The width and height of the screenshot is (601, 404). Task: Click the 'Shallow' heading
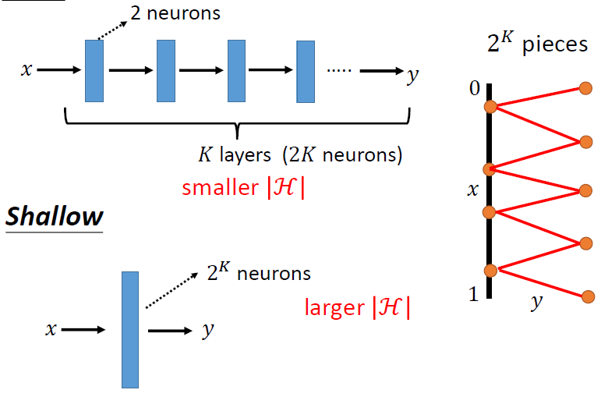55,216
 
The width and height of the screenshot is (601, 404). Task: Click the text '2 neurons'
175,13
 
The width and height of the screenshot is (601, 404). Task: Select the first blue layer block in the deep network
94,71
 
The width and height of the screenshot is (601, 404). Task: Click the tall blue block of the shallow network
130,329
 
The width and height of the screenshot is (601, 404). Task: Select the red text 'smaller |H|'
243,188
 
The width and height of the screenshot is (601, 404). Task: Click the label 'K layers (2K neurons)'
300,155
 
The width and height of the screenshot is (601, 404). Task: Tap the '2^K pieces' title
537,44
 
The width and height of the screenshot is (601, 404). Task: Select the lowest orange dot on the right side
585,296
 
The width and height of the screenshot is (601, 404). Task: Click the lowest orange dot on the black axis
490,271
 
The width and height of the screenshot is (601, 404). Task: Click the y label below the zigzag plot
536,303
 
